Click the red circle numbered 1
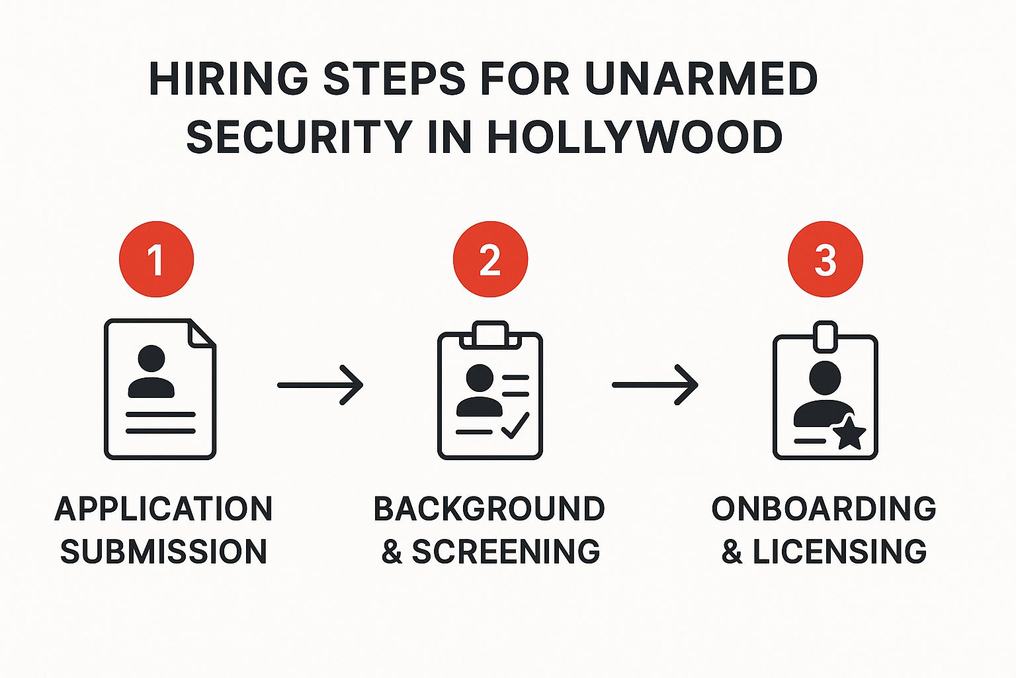pyautogui.click(x=156, y=259)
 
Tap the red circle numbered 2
pyautogui.click(x=490, y=259)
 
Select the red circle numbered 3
pyautogui.click(x=825, y=259)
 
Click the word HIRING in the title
pyautogui.click(x=228, y=79)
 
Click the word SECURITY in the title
pyautogui.click(x=299, y=137)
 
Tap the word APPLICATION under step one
pyautogui.click(x=163, y=508)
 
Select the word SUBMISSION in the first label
pyautogui.click(x=163, y=552)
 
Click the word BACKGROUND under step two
pyautogui.click(x=489, y=508)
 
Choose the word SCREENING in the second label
pyautogui.click(x=506, y=552)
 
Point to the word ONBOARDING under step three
pyautogui.click(x=824, y=508)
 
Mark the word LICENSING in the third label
pyautogui.click(x=839, y=552)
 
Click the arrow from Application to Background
pyautogui.click(x=321, y=385)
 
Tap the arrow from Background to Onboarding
pyautogui.click(x=656, y=385)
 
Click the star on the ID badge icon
pyautogui.click(x=849, y=434)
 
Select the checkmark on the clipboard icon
pyautogui.click(x=515, y=425)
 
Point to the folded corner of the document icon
pyautogui.click(x=201, y=334)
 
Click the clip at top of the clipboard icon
pyautogui.click(x=490, y=334)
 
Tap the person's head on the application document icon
pyautogui.click(x=151, y=359)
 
